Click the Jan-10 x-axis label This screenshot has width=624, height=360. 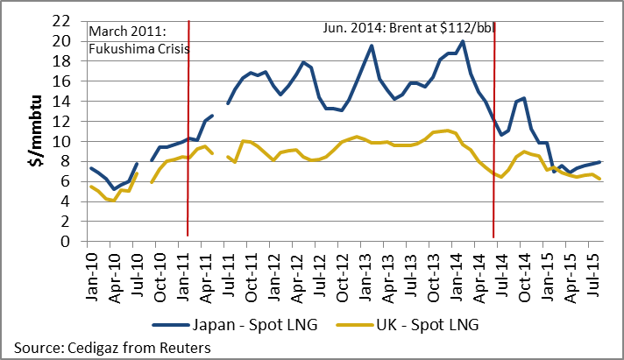[x=91, y=272]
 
